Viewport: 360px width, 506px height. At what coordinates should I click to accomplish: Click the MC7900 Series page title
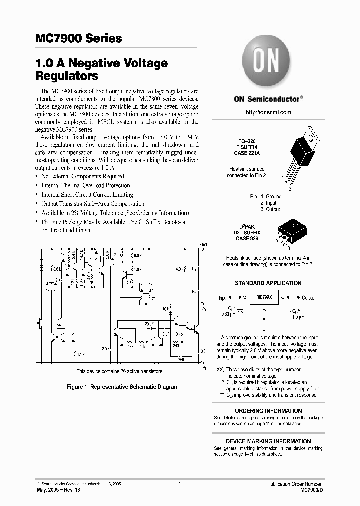coord(79,38)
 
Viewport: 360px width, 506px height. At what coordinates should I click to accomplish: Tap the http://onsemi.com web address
coord(268,112)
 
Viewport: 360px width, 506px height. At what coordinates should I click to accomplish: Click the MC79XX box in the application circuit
coord(264,297)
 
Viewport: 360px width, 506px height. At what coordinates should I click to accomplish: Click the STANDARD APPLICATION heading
coord(268,283)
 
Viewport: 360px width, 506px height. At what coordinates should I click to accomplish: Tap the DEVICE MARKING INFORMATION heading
coord(268,441)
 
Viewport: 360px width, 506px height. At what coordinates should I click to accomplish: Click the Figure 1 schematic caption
coord(123,387)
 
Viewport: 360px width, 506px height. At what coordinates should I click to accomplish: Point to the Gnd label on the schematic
coord(203,244)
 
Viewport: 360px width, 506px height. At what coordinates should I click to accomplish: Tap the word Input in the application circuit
coord(223,298)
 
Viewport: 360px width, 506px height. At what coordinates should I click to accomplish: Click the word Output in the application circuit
coord(308,298)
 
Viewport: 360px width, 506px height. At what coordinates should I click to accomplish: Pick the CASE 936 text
coord(247,238)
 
